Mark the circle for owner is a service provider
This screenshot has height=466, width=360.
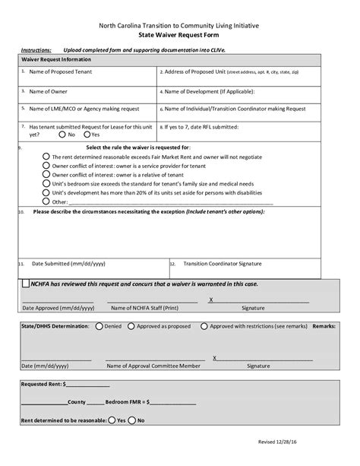pyautogui.click(x=46, y=165)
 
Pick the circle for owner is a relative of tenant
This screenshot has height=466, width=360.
pyautogui.click(x=46, y=174)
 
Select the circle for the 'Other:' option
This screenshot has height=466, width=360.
pyautogui.click(x=46, y=201)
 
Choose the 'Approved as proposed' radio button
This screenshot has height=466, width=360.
pyautogui.click(x=131, y=326)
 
